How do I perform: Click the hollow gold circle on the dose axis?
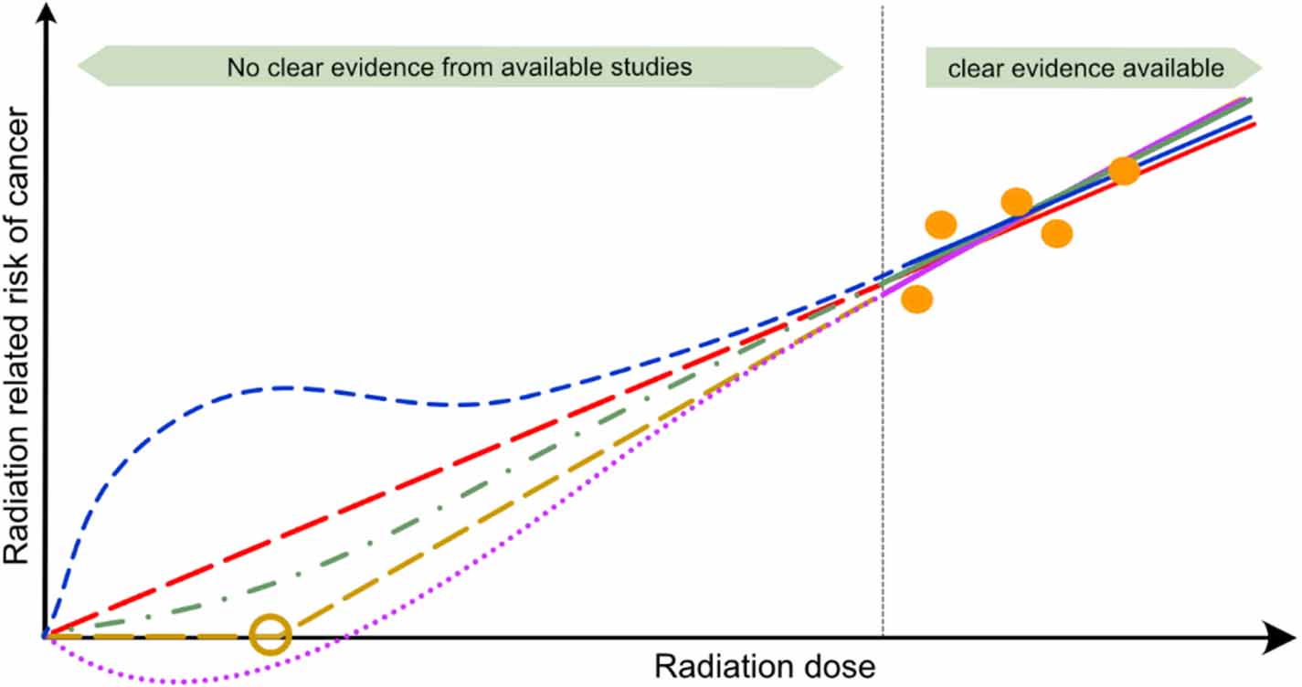270,634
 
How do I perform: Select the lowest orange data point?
916,299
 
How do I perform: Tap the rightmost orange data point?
1124,171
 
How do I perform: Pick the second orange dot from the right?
1056,233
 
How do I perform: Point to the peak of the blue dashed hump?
279,388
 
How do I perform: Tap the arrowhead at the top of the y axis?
43,15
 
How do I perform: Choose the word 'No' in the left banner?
240,68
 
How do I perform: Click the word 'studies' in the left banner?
659,68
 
